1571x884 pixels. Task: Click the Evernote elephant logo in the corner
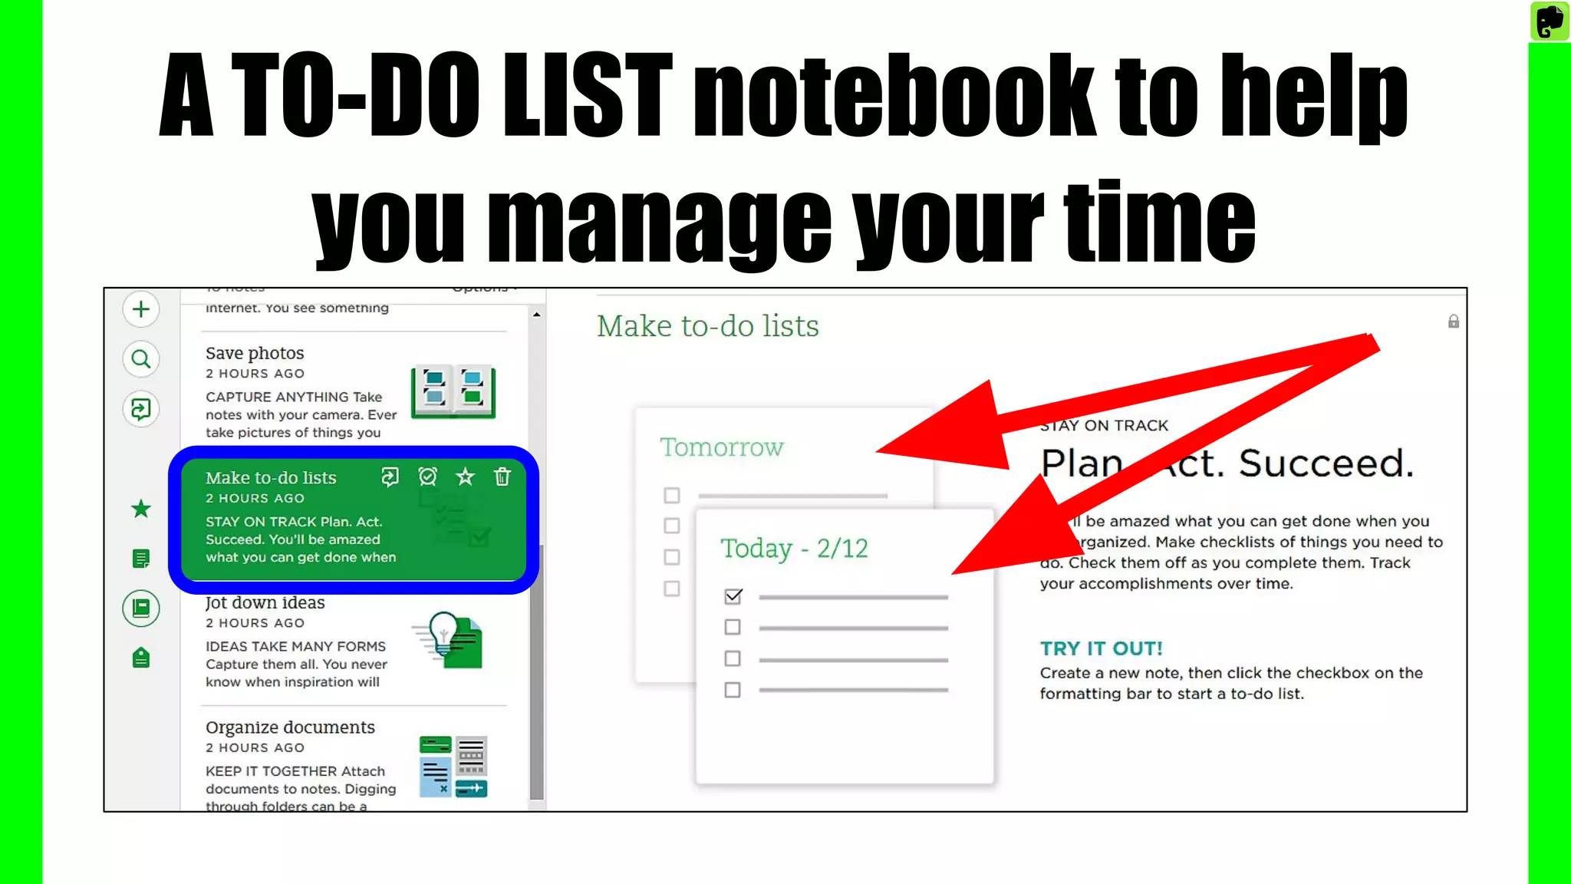click(x=1550, y=21)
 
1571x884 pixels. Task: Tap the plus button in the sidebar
click(x=141, y=309)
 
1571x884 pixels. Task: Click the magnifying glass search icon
click(x=141, y=359)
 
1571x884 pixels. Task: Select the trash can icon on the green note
click(x=502, y=477)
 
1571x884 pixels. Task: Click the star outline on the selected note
click(x=465, y=477)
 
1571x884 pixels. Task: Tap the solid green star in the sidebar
click(x=141, y=509)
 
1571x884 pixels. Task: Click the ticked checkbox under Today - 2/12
click(x=733, y=596)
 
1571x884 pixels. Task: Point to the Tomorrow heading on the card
click(x=722, y=447)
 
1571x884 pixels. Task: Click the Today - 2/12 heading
click(x=794, y=549)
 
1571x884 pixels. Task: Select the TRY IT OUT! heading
click(x=1101, y=649)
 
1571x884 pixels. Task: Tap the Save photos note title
click(x=255, y=353)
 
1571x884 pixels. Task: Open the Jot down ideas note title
click(x=265, y=603)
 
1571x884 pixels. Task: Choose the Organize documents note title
click(x=290, y=727)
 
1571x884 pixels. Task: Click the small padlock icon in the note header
click(x=1454, y=322)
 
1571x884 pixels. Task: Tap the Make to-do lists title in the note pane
click(x=708, y=326)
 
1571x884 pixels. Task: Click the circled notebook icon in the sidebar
click(x=141, y=609)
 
